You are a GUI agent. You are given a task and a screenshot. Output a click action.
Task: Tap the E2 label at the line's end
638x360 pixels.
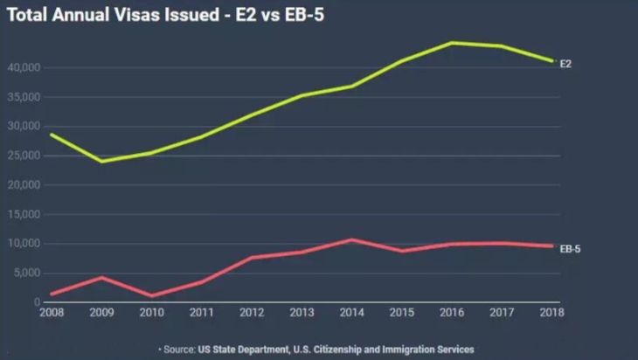point(565,65)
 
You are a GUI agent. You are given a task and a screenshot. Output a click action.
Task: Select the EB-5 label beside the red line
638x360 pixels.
point(570,249)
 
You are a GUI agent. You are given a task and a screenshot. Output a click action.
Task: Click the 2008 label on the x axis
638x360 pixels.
point(50,313)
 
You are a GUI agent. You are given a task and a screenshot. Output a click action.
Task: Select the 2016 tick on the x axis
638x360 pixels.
point(451,313)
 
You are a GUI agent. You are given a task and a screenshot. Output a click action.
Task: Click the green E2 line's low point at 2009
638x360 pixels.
point(101,161)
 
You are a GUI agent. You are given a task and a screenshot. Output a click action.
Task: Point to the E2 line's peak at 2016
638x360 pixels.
point(451,42)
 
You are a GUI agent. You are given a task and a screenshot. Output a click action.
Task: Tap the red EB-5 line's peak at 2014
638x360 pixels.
point(350,239)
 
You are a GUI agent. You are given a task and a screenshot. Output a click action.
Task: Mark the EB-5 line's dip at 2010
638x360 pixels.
point(152,296)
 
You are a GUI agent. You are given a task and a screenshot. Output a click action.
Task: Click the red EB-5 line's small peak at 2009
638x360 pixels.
point(101,277)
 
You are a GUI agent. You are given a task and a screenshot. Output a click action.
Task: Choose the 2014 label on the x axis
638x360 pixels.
point(350,313)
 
